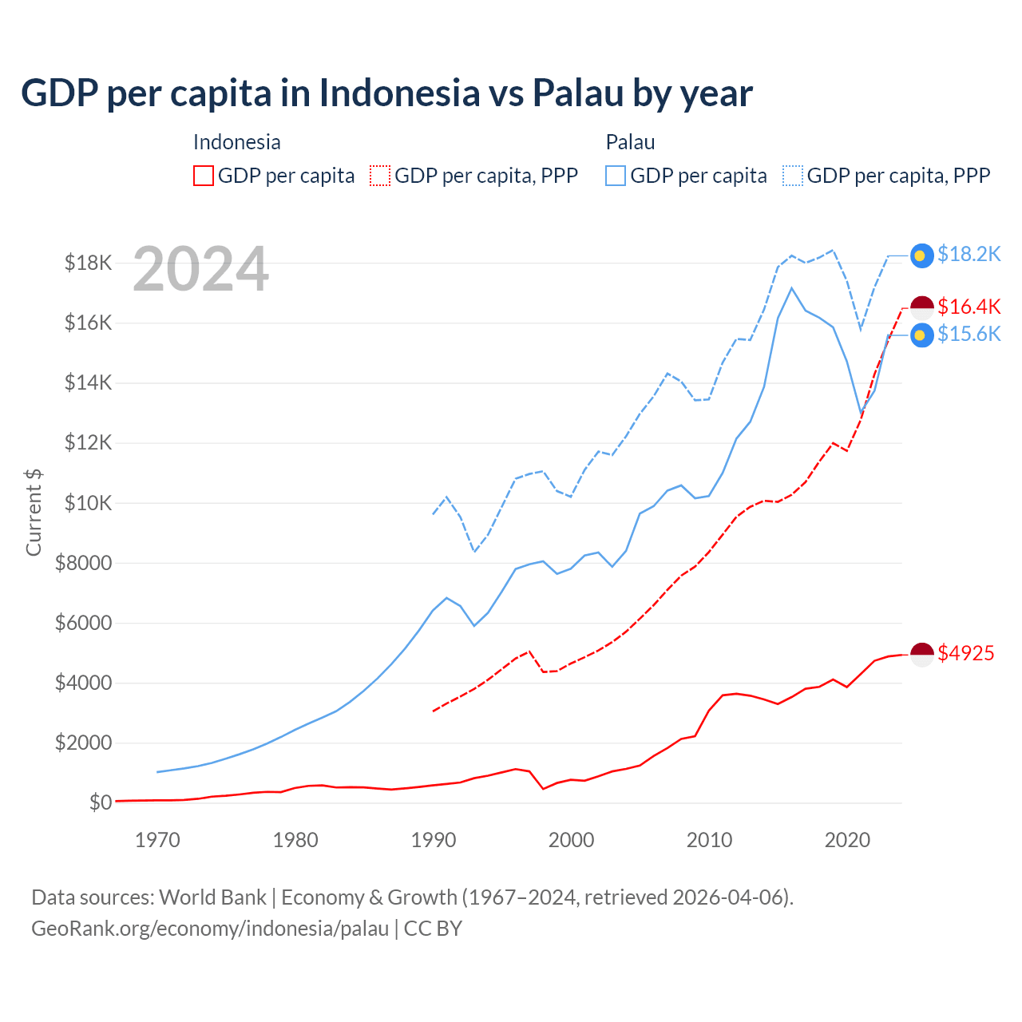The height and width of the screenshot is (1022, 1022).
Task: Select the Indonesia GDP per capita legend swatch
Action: click(x=204, y=176)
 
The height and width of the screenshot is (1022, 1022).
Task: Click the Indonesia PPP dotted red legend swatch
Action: click(x=381, y=176)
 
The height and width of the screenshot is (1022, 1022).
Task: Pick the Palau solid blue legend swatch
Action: click(x=616, y=176)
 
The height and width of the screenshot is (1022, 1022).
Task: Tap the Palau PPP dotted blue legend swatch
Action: click(x=793, y=176)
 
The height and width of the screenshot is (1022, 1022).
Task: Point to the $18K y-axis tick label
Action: click(x=88, y=263)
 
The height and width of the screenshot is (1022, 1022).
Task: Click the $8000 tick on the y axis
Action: click(x=83, y=563)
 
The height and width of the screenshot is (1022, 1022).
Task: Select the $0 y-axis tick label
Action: click(x=100, y=802)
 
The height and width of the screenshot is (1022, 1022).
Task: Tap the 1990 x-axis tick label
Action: click(x=434, y=840)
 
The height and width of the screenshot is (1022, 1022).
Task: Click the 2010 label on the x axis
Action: click(x=709, y=840)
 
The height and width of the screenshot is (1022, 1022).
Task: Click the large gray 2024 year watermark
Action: click(x=200, y=270)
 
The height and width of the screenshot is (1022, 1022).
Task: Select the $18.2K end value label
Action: click(x=969, y=254)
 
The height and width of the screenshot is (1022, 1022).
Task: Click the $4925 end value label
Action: click(x=965, y=653)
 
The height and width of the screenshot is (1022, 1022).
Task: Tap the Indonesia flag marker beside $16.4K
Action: click(x=922, y=307)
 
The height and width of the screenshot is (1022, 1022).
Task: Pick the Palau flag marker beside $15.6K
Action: click(x=922, y=335)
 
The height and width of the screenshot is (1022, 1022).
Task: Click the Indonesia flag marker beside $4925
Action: click(x=922, y=654)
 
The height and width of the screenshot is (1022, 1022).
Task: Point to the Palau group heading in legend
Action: click(x=630, y=142)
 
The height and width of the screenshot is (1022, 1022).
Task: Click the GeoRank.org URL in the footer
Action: click(x=210, y=929)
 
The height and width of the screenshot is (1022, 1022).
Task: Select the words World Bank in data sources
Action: click(x=212, y=897)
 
